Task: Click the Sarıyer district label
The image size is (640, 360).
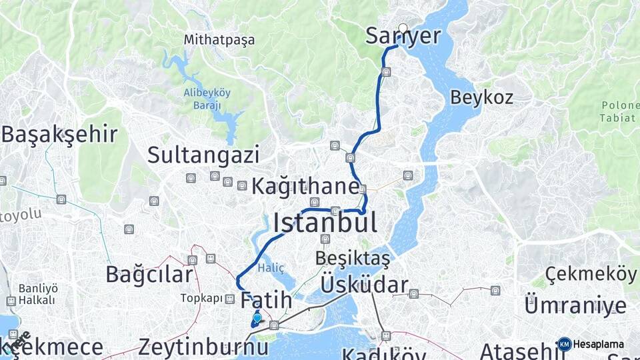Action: (403, 36)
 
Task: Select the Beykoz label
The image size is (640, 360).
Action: (481, 97)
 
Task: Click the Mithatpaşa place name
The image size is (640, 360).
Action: (219, 40)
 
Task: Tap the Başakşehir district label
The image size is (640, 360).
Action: (59, 134)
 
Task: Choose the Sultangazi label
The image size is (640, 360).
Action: (203, 155)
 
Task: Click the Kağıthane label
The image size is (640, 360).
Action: (305, 187)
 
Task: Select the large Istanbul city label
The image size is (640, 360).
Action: (325, 223)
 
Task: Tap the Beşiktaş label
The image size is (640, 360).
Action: (353, 257)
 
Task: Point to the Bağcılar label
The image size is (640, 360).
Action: (149, 274)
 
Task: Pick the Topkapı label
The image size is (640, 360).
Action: (201, 298)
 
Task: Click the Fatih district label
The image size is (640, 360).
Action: (266, 299)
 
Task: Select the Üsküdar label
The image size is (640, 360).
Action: (363, 285)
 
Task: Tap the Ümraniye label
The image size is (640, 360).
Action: (575, 306)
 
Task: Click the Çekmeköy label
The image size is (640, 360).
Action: (590, 273)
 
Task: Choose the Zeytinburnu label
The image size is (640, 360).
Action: (203, 347)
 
